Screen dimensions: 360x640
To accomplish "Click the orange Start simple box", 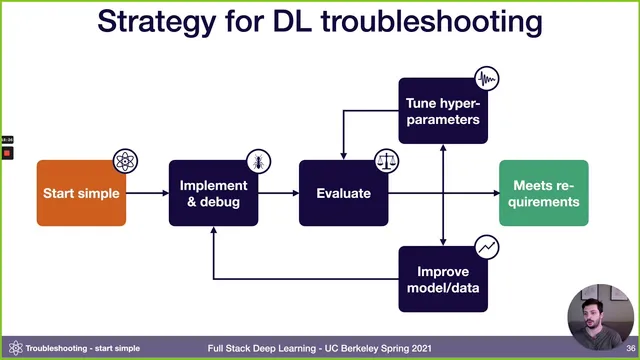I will point(81,193).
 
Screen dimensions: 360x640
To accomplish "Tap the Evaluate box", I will point(343,193).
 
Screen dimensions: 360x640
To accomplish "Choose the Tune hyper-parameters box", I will point(443,111).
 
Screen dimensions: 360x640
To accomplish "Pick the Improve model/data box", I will point(443,276).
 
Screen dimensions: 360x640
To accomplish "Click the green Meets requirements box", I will point(545,193).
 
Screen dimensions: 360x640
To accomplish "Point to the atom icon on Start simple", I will point(125,160).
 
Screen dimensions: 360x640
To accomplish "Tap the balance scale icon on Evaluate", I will point(386,160).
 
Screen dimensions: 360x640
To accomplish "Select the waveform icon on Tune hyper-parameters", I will point(487,79).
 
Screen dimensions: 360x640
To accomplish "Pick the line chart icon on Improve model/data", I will point(487,244).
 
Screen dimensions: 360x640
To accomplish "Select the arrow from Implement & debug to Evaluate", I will point(278,193).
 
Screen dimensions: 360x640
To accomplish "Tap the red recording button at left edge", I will point(7,154).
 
